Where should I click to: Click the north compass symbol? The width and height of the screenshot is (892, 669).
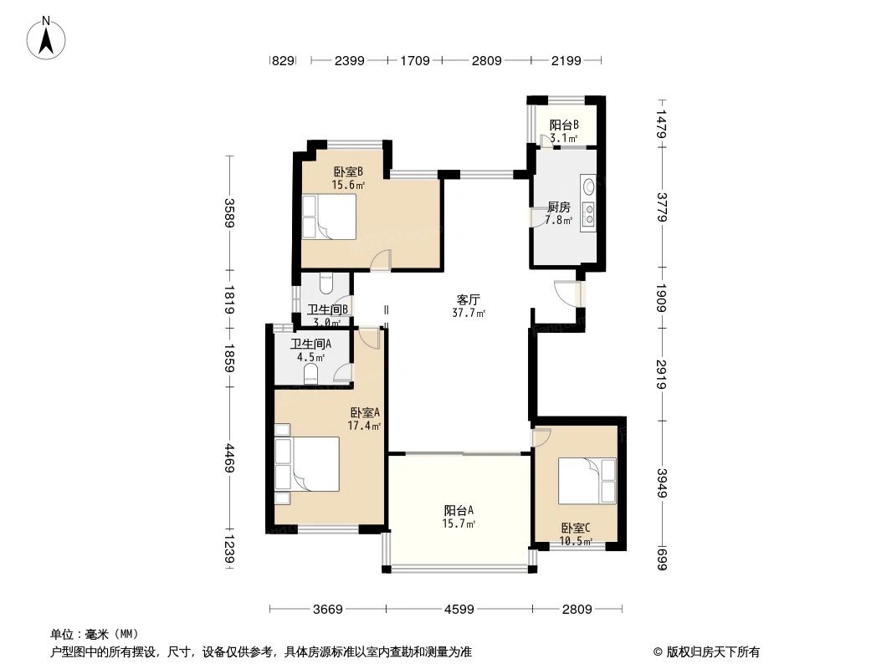point(47,38)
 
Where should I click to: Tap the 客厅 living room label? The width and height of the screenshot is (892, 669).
point(468,299)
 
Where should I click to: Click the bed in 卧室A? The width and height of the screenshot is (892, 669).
point(308,464)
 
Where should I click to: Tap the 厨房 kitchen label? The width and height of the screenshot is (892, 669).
point(559,207)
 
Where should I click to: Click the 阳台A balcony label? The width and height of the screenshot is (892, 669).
point(459,510)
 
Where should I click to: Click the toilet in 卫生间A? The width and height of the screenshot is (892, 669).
point(312,372)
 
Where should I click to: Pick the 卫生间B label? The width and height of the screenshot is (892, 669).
point(327,309)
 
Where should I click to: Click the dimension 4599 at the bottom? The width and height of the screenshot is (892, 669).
point(458,610)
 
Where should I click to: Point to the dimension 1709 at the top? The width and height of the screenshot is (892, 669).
point(415,61)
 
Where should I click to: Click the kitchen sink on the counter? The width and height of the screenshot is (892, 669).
point(588,186)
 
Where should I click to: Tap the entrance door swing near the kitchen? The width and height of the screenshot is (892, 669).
point(567,294)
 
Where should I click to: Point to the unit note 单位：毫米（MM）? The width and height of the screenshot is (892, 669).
point(94,634)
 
